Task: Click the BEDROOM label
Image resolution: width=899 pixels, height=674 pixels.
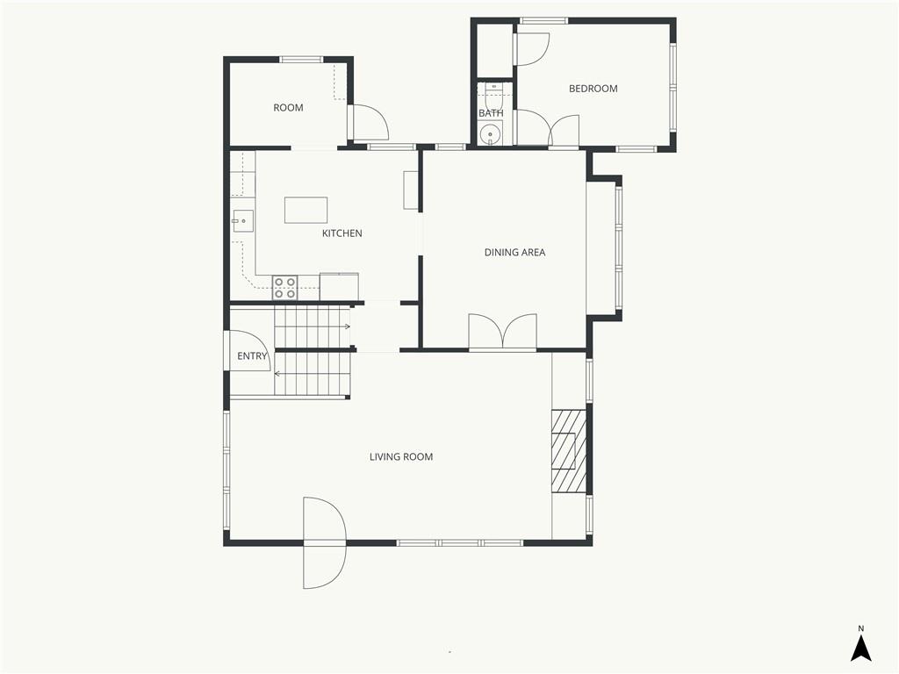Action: [x=593, y=89]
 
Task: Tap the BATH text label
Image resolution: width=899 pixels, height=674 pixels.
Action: [x=491, y=113]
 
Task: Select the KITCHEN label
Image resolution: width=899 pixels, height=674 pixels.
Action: [x=342, y=233]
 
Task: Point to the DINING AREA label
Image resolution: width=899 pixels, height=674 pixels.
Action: [x=515, y=253]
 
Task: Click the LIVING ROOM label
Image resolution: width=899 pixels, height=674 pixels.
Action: [x=401, y=457]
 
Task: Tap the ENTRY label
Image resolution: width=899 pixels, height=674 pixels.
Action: [x=252, y=356]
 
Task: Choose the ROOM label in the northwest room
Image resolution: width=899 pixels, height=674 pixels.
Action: [x=288, y=108]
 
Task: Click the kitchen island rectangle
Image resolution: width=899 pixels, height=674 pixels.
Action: [x=306, y=210]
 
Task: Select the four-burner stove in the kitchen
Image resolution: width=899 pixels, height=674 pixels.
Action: [x=284, y=288]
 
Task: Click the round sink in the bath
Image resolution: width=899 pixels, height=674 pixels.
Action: [x=490, y=134]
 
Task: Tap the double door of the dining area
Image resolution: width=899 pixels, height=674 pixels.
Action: [x=502, y=333]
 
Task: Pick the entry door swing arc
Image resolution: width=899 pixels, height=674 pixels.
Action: [x=248, y=349]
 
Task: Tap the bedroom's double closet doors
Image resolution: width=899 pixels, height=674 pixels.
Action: [x=547, y=130]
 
